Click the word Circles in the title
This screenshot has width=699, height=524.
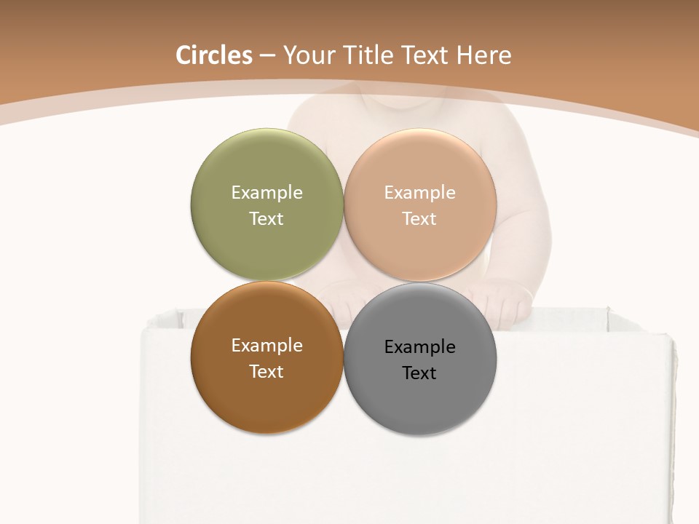[213, 55]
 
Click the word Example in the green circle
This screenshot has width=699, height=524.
[266, 193]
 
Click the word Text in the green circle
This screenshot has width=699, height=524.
[266, 219]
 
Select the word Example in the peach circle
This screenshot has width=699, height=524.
[419, 193]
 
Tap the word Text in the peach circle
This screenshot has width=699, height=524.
[419, 219]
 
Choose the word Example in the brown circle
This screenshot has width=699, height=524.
[266, 346]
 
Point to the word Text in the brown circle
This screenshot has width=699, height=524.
[266, 372]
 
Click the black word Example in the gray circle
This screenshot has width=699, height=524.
[419, 347]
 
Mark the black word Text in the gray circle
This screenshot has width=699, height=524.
[419, 373]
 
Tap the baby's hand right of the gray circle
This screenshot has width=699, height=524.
[506, 300]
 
